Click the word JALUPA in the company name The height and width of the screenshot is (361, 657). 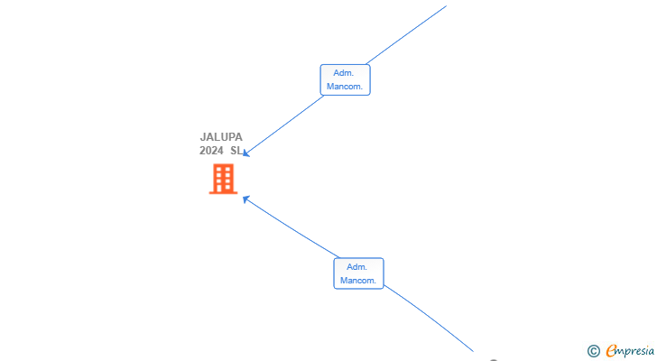(221, 137)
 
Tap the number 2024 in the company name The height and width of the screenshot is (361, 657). (211, 151)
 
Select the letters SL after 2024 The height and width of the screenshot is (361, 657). (236, 151)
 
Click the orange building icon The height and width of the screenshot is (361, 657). (223, 179)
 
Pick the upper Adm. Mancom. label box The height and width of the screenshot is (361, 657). (346, 80)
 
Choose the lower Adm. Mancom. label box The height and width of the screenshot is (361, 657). (358, 273)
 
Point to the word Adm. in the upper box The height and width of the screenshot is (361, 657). (344, 73)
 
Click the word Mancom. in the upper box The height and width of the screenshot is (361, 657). (345, 87)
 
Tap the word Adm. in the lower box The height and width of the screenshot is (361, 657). (357, 267)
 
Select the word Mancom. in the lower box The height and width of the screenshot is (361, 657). (358, 281)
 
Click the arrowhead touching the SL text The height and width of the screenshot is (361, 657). (246, 153)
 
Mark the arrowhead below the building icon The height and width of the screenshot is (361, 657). (246, 199)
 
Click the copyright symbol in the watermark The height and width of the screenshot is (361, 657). (594, 351)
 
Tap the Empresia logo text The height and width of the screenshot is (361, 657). (630, 351)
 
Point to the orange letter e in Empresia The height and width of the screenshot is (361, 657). (611, 351)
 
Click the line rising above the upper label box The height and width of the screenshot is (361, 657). (406, 35)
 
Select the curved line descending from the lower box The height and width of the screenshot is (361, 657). (429, 317)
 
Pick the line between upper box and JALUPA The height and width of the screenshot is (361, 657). (283, 125)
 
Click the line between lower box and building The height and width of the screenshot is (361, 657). (291, 227)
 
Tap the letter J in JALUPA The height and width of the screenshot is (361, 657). (203, 137)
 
